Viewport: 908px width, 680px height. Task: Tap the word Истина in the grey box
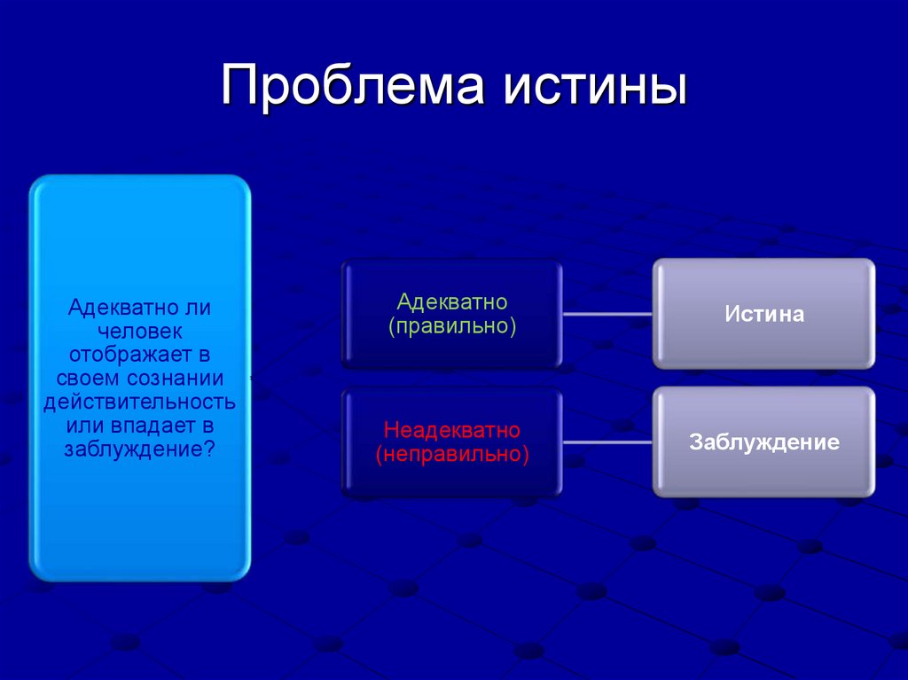pos(763,314)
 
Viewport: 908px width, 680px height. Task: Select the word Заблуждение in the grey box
pos(763,442)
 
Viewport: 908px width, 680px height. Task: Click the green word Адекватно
pos(452,302)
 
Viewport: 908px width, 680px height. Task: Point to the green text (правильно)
pos(452,325)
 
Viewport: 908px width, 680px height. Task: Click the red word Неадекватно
pos(452,431)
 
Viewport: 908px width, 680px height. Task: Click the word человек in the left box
pos(140,332)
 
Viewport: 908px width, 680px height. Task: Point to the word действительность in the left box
pos(140,402)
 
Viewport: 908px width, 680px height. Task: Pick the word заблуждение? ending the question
pos(140,448)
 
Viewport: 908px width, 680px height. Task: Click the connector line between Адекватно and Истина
pos(607,314)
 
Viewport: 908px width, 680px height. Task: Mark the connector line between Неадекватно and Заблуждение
pos(607,442)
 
